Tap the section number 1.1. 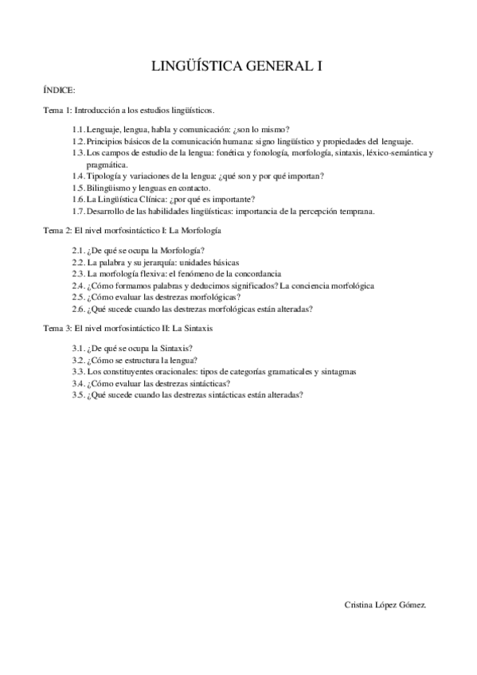pos(78,129)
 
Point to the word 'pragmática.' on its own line pos(107,163)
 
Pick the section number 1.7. pos(78,211)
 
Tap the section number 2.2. pos(78,261)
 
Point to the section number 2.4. pos(78,284)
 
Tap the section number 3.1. pos(78,348)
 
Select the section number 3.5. pos(78,394)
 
